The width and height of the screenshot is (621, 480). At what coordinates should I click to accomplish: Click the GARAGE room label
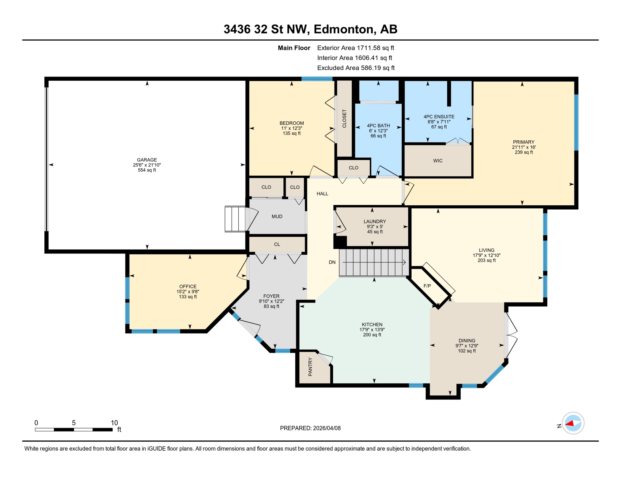(x=147, y=160)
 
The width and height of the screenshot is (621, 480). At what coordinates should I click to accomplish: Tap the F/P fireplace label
(x=427, y=286)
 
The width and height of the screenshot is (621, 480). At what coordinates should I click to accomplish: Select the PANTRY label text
(x=310, y=367)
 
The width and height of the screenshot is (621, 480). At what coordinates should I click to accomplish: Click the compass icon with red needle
(x=573, y=423)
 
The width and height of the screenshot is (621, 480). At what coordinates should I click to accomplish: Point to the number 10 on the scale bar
(x=114, y=423)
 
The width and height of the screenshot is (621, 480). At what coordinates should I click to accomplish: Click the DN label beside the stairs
(x=332, y=262)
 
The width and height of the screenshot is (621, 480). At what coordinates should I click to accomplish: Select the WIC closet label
(x=438, y=161)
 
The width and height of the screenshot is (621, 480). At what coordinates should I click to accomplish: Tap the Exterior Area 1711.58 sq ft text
(x=355, y=48)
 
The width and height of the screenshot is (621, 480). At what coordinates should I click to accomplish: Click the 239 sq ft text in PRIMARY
(x=524, y=152)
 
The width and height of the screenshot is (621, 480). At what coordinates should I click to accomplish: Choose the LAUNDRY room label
(x=375, y=221)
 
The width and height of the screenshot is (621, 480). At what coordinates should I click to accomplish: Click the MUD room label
(x=277, y=216)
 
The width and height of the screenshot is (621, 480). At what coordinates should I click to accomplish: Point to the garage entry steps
(x=235, y=219)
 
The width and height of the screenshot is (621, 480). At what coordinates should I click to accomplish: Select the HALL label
(x=322, y=194)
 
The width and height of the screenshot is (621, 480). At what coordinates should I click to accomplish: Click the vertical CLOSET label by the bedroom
(x=344, y=118)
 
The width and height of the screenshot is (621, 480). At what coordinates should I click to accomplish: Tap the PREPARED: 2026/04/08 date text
(x=310, y=428)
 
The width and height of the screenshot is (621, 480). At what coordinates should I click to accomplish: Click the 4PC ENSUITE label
(x=439, y=117)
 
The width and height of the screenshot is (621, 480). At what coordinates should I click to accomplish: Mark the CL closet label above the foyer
(x=277, y=244)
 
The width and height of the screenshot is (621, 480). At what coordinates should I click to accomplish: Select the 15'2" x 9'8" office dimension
(x=188, y=292)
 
